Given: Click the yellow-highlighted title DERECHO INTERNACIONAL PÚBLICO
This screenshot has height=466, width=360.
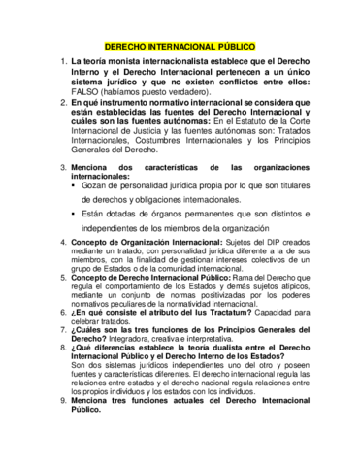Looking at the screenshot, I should pyautogui.click(x=179, y=48).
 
